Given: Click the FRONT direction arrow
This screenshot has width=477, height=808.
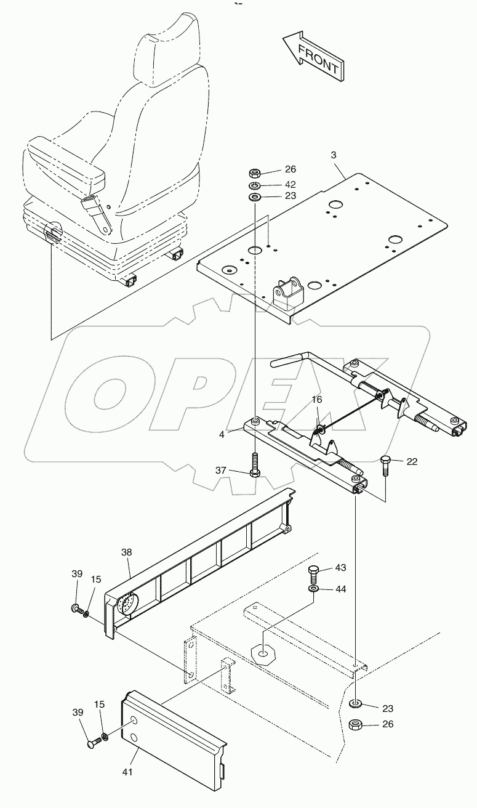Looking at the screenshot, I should [311, 57].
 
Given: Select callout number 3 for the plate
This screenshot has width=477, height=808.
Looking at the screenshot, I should [334, 155].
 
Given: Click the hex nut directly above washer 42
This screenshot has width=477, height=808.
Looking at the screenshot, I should [254, 172].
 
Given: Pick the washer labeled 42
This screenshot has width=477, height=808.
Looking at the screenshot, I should [254, 185].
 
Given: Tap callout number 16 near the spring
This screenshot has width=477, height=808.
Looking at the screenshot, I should [316, 400].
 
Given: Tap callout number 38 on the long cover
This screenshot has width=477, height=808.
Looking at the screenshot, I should [126, 553].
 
